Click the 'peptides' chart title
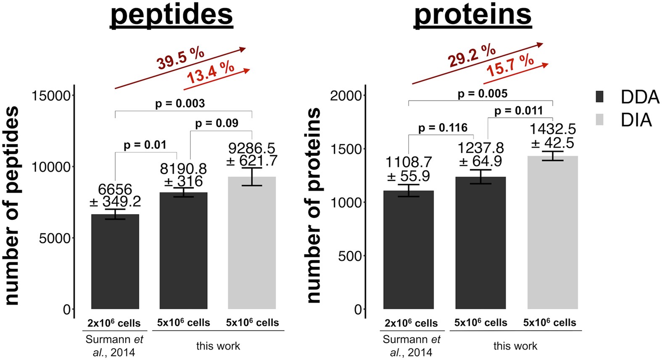coord(171,15)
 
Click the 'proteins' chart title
coord(473,15)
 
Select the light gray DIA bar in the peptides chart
coord(252,244)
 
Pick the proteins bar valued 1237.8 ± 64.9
coord(480,244)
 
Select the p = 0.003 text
coord(180,103)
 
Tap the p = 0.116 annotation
coord(443,128)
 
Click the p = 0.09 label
coord(216,123)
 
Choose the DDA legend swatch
coord(600,97)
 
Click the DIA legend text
coord(636,120)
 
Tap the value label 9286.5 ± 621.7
coord(252,154)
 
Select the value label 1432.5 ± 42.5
coord(552,136)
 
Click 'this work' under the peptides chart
coord(218,346)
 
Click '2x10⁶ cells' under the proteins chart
coord(411,323)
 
